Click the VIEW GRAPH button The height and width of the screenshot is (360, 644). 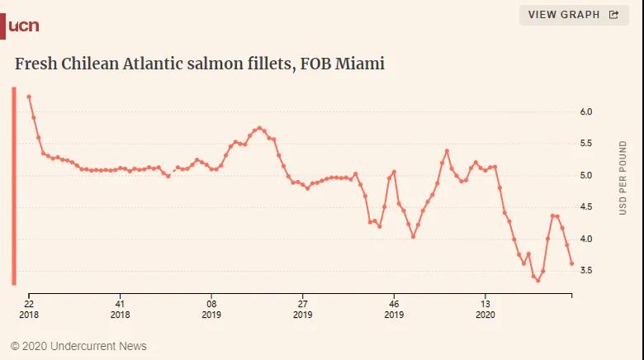[573, 15]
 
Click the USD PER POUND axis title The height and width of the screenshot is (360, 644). [623, 178]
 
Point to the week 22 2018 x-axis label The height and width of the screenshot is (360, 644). [28, 308]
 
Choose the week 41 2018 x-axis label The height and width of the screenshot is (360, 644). [120, 308]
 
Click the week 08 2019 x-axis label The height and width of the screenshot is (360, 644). [211, 308]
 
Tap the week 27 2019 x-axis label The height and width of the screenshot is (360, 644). [303, 308]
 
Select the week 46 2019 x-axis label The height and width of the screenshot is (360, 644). [394, 308]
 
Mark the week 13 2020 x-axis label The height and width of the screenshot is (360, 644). [485, 308]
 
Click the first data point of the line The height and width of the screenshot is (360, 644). [29, 97]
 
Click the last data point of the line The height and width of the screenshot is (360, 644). [571, 263]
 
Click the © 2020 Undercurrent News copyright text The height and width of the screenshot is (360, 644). [78, 346]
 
